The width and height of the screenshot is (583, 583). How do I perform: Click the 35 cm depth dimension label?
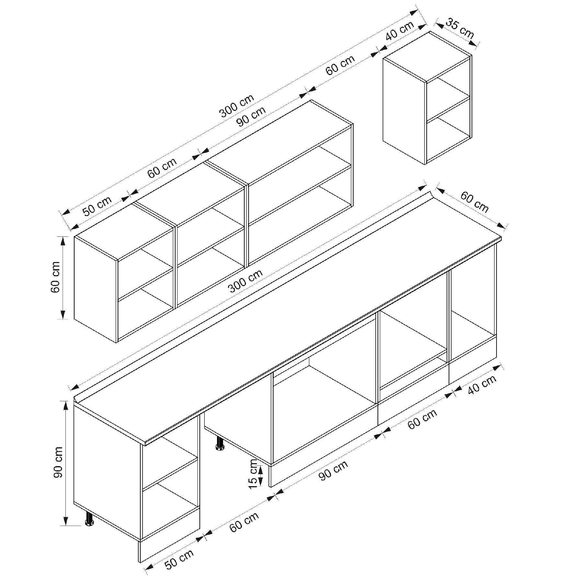coord(460,29)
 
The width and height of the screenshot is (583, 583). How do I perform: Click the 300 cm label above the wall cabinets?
coord(237,106)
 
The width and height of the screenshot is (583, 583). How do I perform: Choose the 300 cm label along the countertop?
coord(245,281)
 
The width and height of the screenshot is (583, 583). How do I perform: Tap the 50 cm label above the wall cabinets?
coord(97,206)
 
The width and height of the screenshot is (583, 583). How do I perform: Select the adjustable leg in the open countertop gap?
coord(220,443)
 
